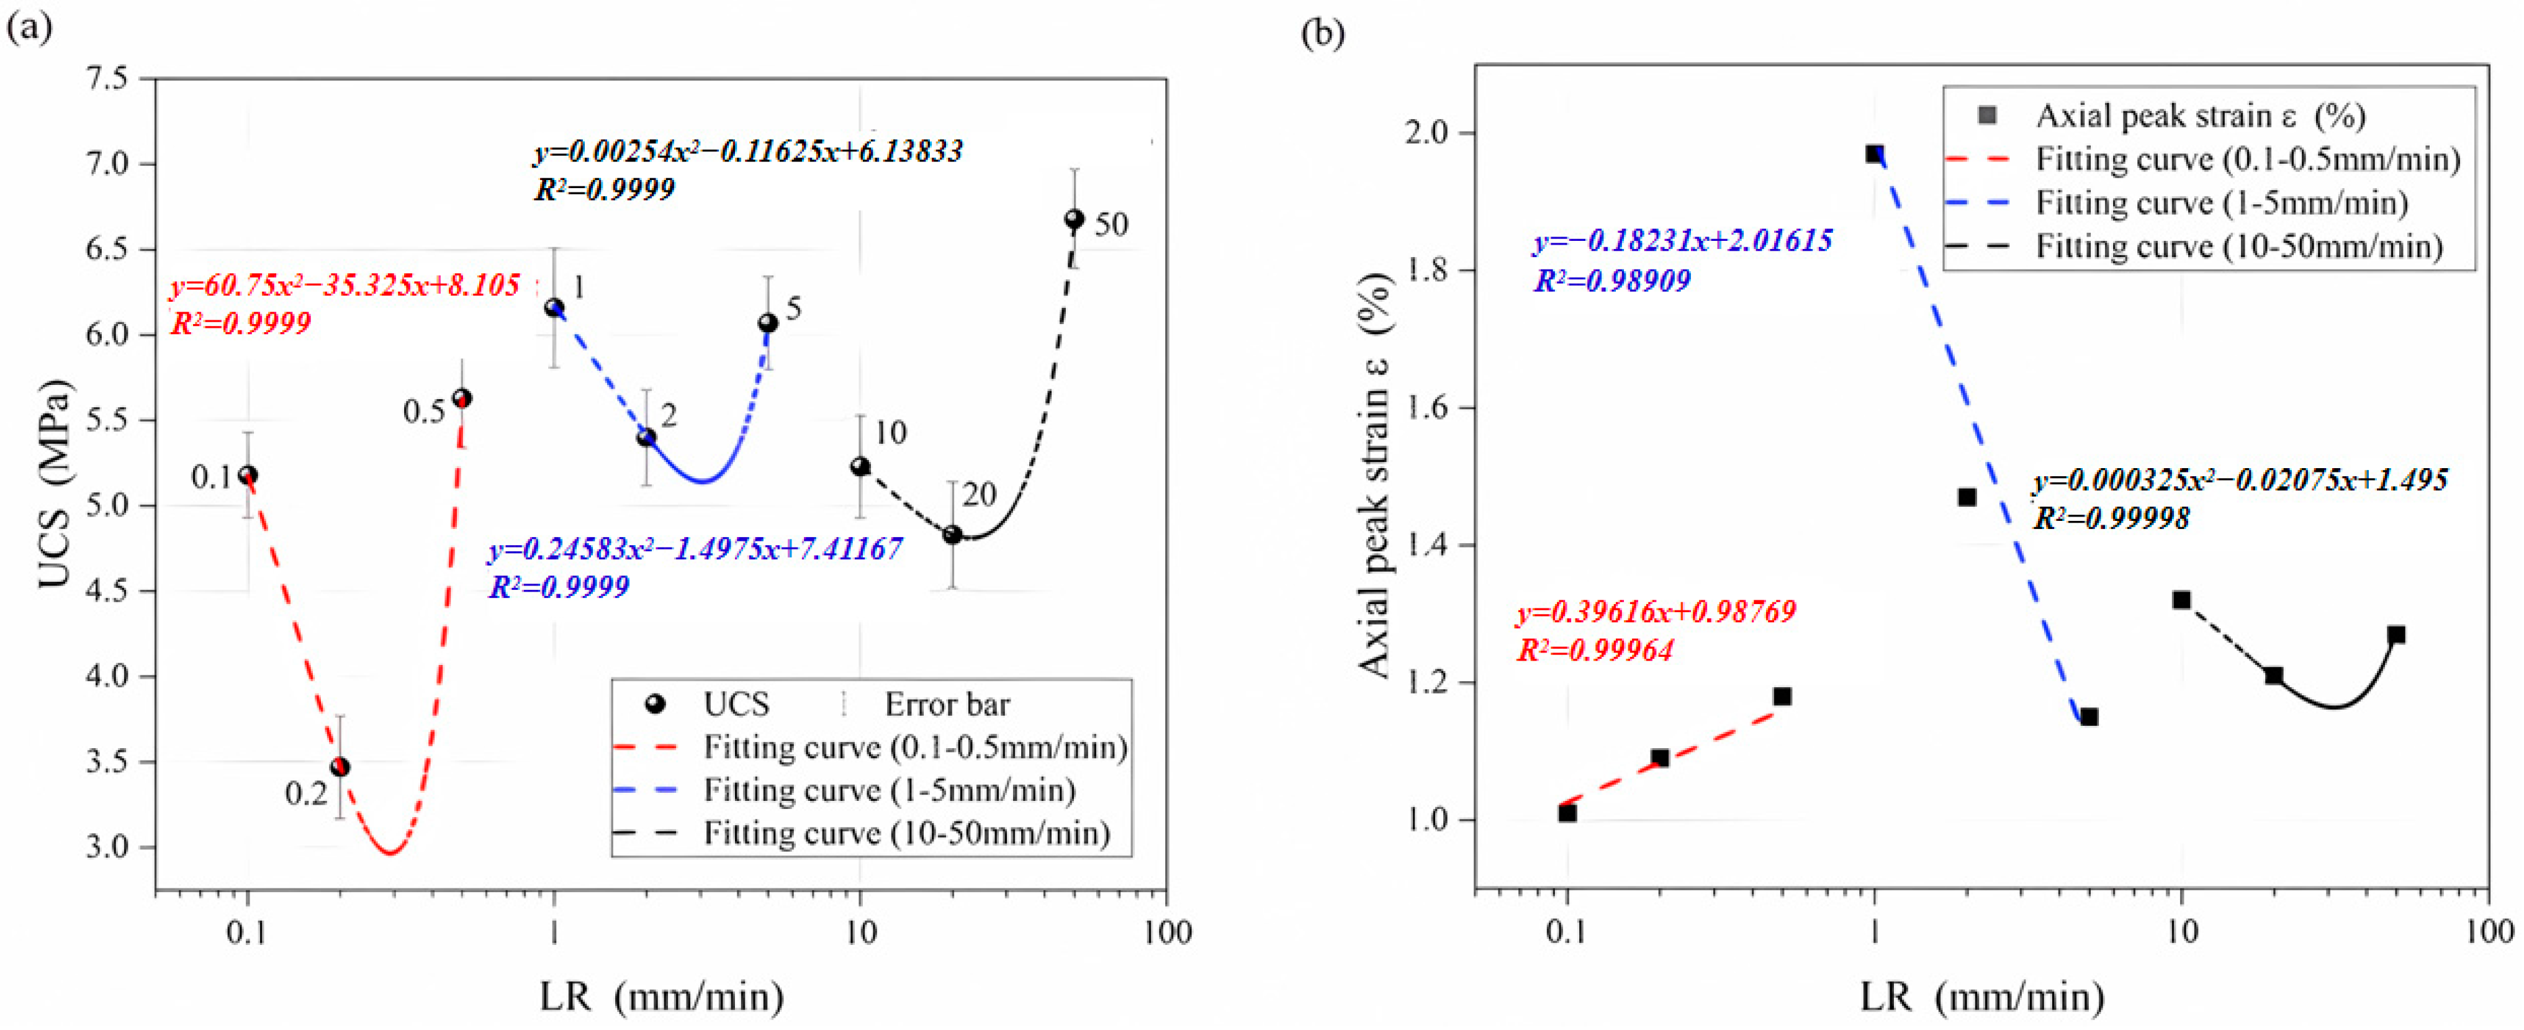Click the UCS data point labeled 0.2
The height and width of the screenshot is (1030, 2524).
point(340,766)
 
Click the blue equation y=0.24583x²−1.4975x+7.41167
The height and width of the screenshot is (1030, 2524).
point(695,549)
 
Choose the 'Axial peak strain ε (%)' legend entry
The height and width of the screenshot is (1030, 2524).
point(2200,115)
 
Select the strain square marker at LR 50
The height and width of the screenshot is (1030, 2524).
point(2396,635)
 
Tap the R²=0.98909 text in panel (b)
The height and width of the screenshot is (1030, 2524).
point(1611,281)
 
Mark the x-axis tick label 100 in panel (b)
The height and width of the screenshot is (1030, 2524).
point(2487,931)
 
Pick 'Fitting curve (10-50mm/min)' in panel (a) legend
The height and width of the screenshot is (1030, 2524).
point(906,833)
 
